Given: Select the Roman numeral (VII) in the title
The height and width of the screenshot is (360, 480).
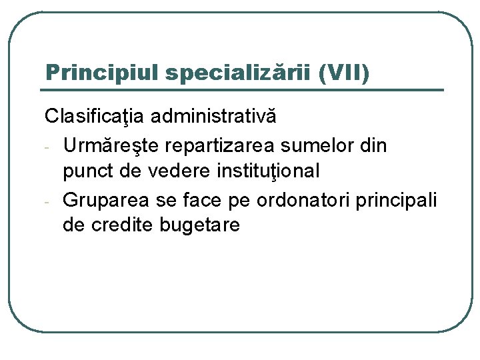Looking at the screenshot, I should pyautogui.click(x=343, y=72).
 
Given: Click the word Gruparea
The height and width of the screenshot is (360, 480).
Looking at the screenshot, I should pyautogui.click(x=107, y=199).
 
